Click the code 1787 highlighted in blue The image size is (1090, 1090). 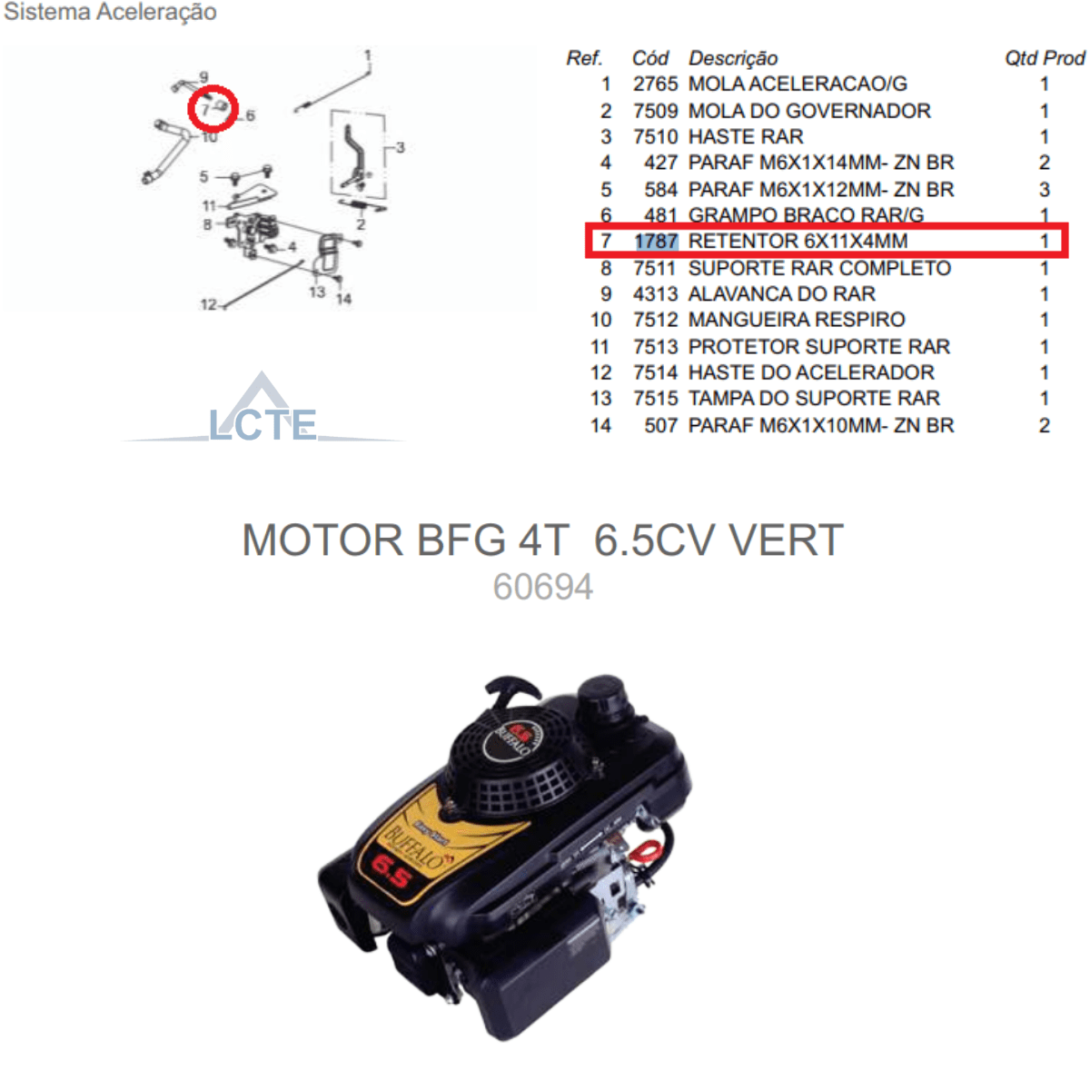point(655,241)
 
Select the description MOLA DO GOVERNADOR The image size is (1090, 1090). point(809,111)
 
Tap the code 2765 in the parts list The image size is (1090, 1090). point(655,84)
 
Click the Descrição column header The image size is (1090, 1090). point(733,58)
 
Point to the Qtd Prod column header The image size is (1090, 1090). point(1045,58)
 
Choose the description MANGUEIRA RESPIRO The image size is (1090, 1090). point(797,320)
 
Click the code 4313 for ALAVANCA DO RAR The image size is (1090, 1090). point(655,294)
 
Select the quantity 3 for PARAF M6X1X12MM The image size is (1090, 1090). point(1045,190)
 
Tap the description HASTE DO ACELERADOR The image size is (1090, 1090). point(811,372)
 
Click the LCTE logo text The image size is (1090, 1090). point(263,425)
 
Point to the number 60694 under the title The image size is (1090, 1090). point(543,587)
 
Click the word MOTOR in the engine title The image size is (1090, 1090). point(322,540)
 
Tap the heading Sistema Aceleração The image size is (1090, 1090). point(110,12)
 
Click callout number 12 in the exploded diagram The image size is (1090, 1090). point(208,305)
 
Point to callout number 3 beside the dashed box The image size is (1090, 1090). point(401,148)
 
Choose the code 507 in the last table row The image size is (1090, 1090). point(660,425)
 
